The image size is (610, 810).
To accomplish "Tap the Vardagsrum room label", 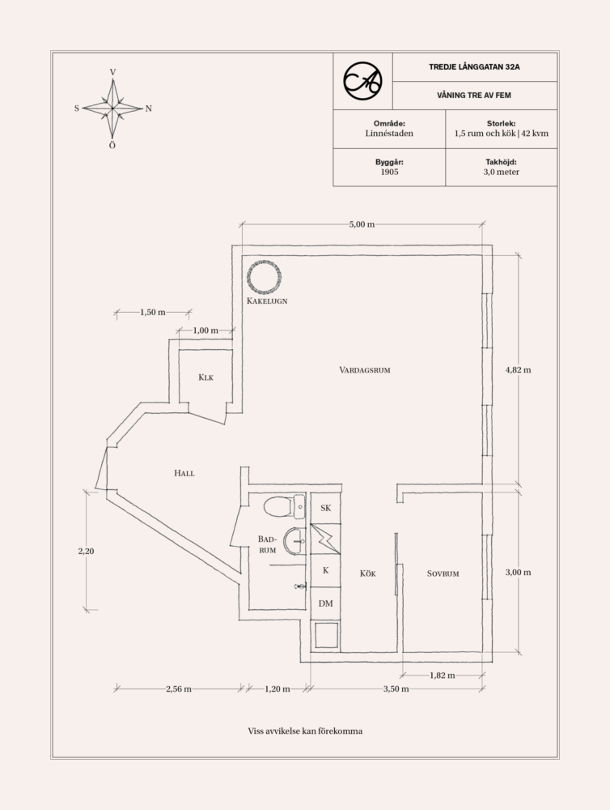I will (x=365, y=369).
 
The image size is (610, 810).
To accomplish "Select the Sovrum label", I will (x=443, y=573).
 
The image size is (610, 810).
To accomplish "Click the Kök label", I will (x=368, y=573).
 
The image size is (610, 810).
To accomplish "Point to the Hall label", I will (x=184, y=473).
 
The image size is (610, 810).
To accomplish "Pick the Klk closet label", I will (x=205, y=377).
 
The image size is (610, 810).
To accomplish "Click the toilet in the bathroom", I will (x=278, y=507).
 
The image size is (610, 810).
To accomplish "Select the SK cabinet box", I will (x=326, y=509).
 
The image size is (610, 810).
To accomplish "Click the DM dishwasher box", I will (x=326, y=603).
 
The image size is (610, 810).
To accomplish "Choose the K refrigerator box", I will (x=326, y=570).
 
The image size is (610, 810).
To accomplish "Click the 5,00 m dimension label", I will (x=362, y=224).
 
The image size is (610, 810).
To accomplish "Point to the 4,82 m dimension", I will (x=518, y=369).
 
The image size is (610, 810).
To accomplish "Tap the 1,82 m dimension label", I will (x=441, y=674).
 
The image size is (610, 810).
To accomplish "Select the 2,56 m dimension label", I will (x=178, y=689).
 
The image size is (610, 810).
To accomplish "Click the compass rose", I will (x=112, y=108).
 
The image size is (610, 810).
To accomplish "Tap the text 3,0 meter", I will (x=502, y=173).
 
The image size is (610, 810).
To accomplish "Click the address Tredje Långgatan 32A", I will (x=474, y=67).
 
